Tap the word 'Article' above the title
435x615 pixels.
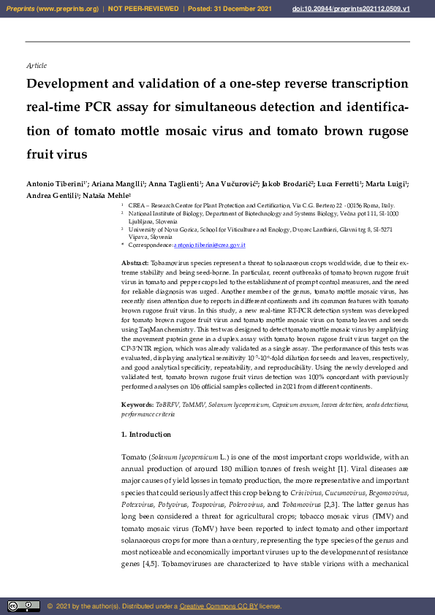pos(36,66)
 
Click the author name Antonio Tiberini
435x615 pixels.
pos(56,183)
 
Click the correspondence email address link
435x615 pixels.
pos(209,245)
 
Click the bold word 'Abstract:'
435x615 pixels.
pos(135,262)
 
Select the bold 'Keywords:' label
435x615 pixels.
pos(137,404)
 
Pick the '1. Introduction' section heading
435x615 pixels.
pos(145,435)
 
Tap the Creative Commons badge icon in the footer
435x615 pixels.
pos(23,606)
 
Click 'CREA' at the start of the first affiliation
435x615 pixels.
pos(136,207)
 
